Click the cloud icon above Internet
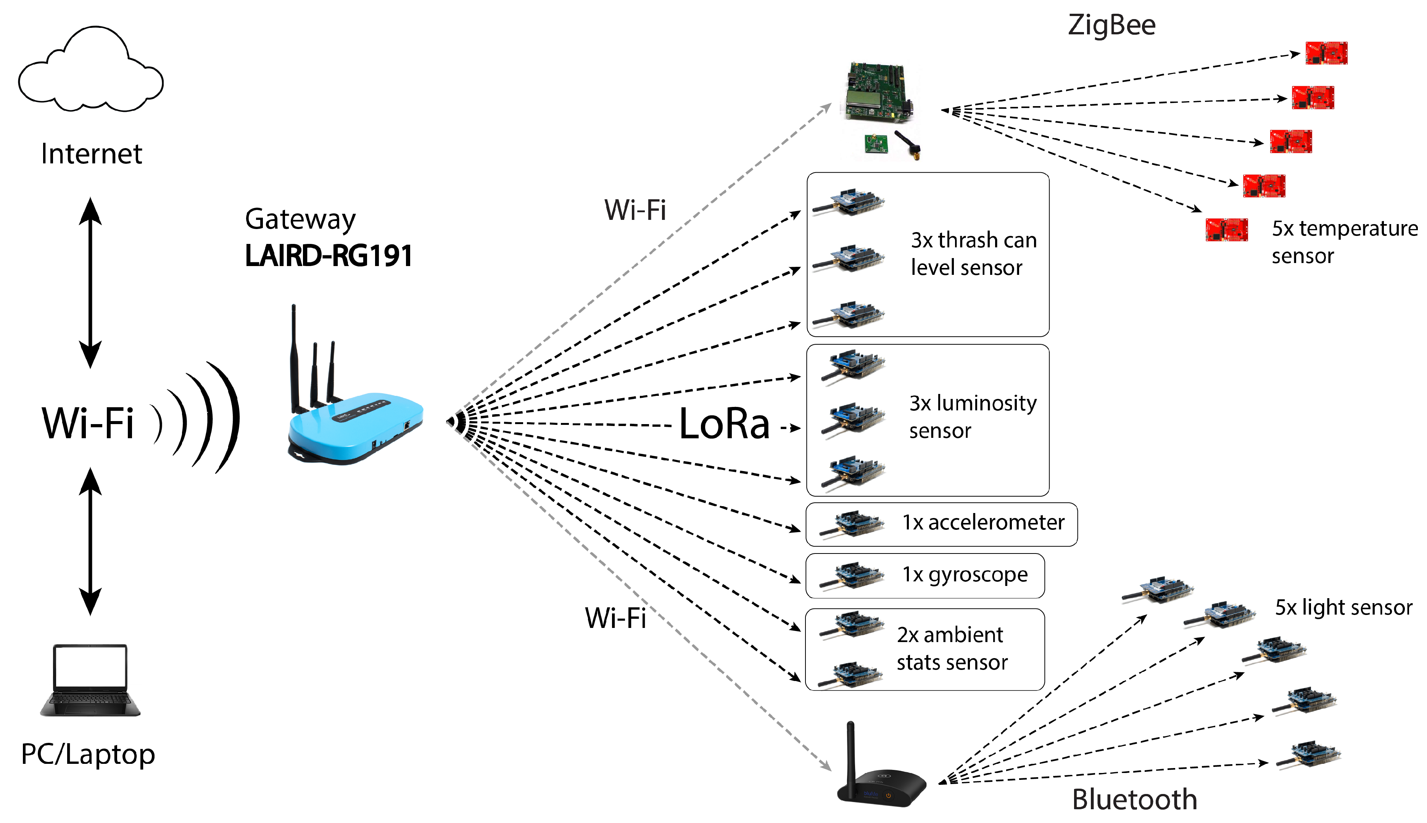90,71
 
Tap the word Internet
92,154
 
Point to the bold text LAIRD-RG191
328,255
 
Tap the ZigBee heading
1111,26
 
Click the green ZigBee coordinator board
878,93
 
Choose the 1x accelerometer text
983,522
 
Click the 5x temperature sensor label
1345,242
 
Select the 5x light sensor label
1343,608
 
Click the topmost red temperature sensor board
1326,53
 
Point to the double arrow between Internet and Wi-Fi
90,282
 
